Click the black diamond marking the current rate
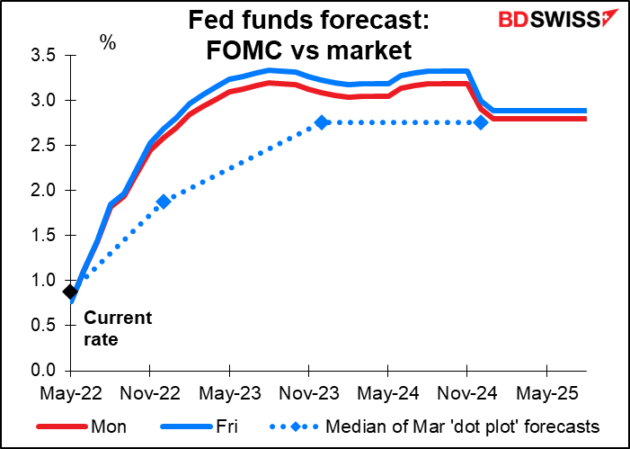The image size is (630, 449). point(70,292)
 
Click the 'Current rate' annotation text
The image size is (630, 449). point(118,328)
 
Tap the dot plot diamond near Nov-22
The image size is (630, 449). point(163,202)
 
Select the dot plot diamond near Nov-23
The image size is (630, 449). point(322,122)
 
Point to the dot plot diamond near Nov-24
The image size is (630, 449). point(481,122)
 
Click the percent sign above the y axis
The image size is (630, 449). point(108,42)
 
